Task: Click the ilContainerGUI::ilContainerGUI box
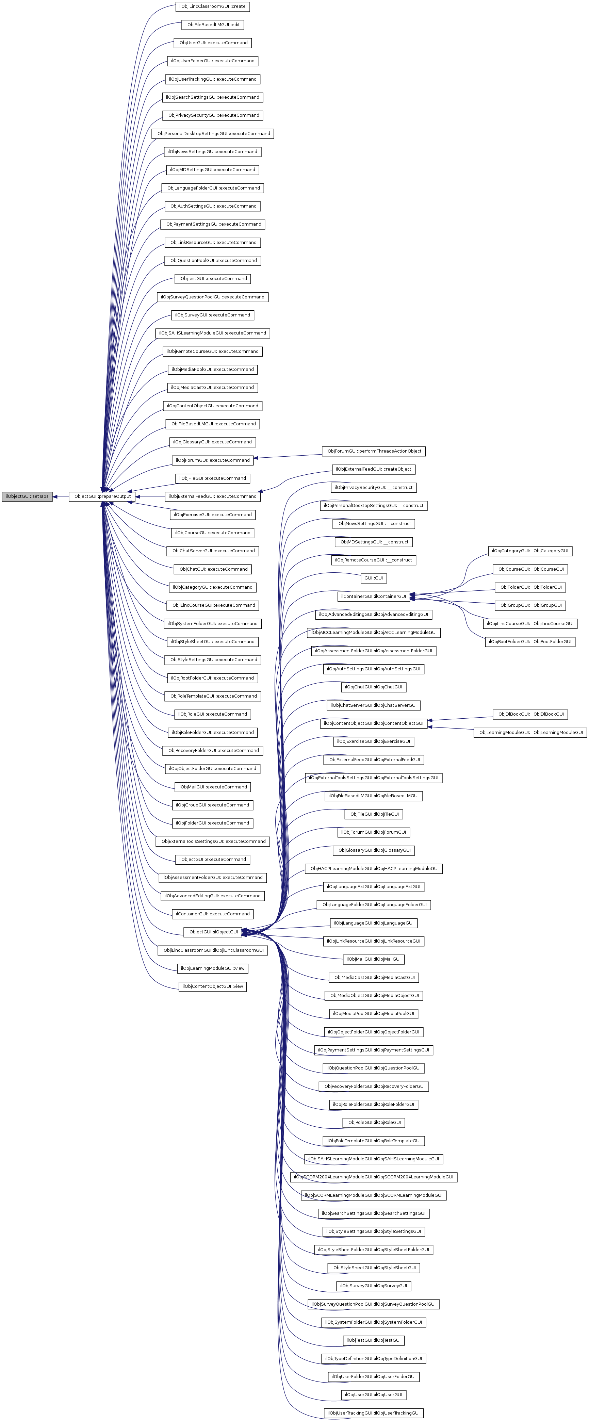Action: coord(373,596)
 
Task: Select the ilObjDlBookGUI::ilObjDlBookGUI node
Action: coord(529,714)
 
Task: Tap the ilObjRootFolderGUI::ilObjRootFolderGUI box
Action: coord(529,641)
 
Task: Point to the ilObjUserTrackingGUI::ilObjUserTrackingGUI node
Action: coord(373,1413)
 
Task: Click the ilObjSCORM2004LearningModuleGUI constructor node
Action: coord(373,1177)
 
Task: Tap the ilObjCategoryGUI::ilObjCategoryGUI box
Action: coord(529,551)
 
